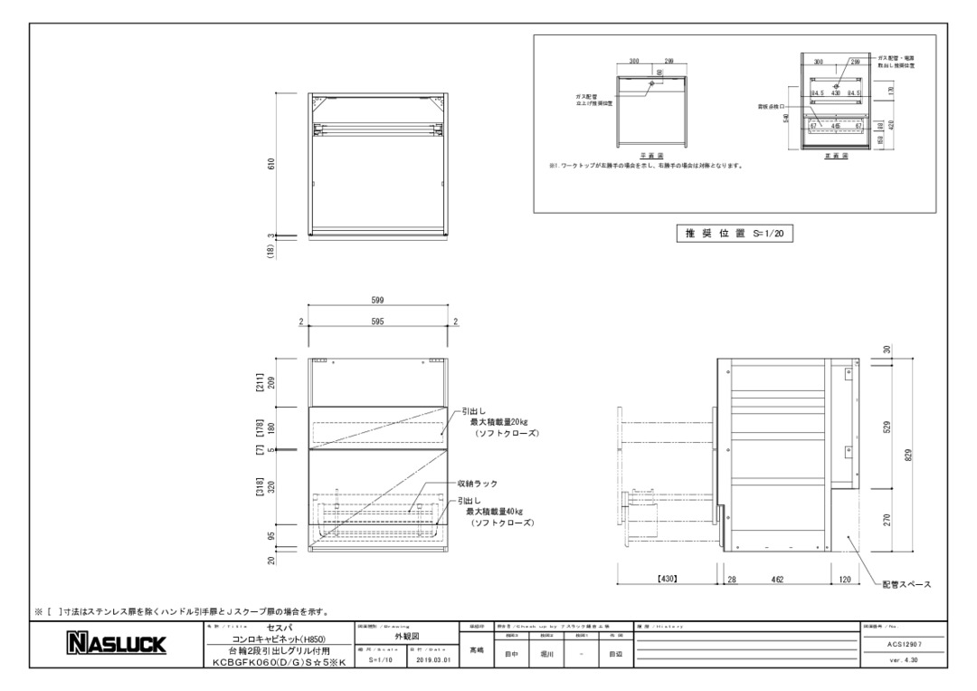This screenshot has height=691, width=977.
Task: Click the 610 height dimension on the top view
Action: coord(271,164)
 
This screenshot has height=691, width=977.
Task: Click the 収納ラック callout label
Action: coord(478,484)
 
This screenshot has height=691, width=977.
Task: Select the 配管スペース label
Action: coord(906,585)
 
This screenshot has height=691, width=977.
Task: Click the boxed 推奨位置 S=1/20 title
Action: coord(733,233)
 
